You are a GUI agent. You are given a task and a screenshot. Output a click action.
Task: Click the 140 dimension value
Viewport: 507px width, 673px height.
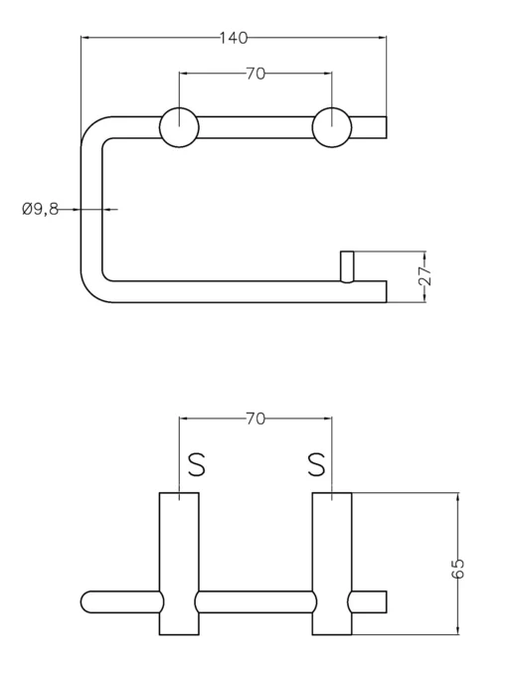click(234, 38)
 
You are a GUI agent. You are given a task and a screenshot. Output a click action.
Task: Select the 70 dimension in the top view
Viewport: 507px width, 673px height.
click(255, 74)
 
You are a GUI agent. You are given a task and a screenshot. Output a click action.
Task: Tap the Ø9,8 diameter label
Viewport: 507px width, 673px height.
click(40, 209)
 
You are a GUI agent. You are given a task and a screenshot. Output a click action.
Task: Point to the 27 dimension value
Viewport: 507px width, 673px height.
click(424, 276)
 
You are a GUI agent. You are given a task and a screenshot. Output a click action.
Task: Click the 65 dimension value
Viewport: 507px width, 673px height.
click(457, 569)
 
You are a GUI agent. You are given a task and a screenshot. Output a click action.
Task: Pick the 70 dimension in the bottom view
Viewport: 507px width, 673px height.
click(255, 419)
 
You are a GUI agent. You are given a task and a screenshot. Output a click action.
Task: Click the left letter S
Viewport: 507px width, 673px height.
click(197, 465)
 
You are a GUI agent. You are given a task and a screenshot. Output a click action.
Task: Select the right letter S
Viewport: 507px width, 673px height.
click(316, 465)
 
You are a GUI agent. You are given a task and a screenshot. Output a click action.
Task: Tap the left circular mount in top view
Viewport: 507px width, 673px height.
click(180, 127)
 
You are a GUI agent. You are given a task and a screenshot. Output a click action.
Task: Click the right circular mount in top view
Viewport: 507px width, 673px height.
click(332, 127)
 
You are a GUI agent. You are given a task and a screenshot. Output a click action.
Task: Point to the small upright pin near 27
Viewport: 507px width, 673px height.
click(347, 266)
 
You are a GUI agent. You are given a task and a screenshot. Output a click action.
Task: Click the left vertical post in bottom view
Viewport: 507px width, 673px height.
click(179, 564)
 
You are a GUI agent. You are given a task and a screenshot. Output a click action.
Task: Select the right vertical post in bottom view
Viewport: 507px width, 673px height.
click(332, 564)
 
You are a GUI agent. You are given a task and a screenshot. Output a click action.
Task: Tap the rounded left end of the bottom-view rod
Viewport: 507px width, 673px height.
click(85, 601)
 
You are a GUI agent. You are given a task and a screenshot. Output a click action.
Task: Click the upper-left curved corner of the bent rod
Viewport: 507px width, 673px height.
click(91, 126)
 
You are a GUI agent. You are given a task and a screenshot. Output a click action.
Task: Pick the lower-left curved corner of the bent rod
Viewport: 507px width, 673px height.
click(91, 292)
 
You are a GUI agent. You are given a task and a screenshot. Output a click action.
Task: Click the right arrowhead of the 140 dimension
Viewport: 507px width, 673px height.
click(382, 38)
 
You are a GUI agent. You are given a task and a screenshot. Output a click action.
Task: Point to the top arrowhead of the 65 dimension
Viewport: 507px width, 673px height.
click(458, 497)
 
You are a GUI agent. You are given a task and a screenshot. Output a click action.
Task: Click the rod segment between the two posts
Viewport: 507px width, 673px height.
click(255, 601)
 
